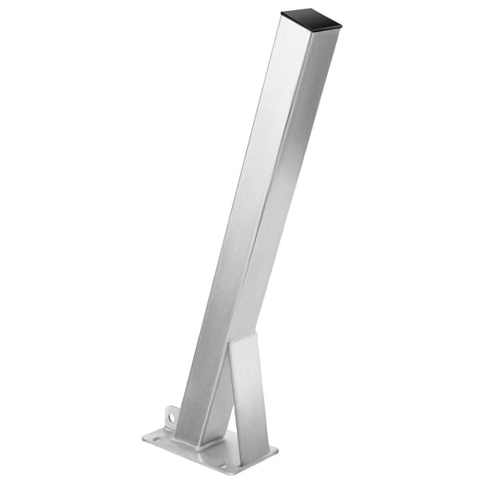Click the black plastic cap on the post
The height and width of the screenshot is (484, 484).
[x=312, y=18]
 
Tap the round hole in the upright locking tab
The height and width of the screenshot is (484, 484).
[x=170, y=414]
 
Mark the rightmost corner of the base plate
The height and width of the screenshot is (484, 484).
[x=277, y=450]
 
